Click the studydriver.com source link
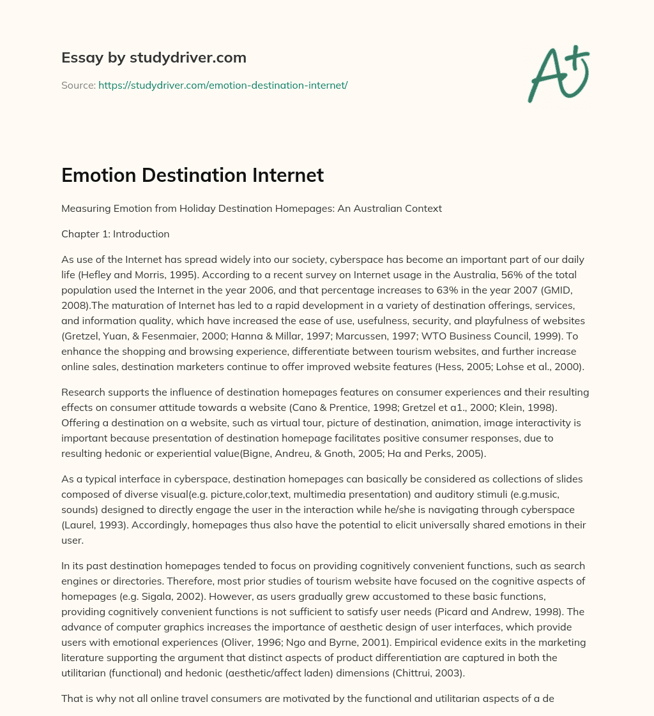[223, 85]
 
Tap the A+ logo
[558, 73]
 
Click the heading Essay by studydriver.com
[154, 57]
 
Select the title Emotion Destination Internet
[192, 175]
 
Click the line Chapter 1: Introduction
[115, 234]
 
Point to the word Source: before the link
[78, 85]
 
